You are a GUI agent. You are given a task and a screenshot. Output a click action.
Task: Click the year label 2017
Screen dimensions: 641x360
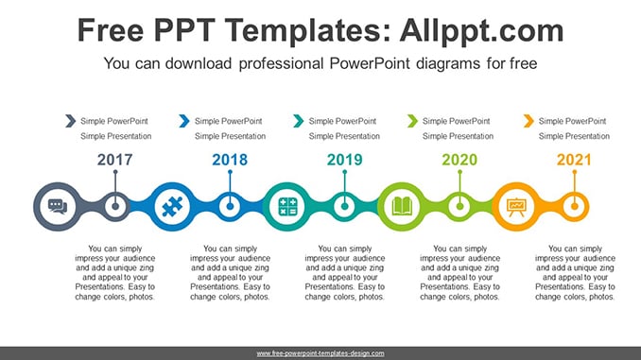click(x=115, y=160)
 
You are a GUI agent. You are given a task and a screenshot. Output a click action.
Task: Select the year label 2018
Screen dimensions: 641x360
click(x=230, y=160)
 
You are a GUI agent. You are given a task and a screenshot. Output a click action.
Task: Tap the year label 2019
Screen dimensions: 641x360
click(x=345, y=160)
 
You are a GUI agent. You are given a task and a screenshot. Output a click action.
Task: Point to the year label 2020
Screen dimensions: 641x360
click(x=459, y=160)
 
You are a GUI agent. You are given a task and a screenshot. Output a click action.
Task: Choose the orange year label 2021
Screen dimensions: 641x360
click(x=574, y=160)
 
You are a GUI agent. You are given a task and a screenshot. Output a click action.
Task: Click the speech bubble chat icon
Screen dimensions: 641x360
click(x=58, y=206)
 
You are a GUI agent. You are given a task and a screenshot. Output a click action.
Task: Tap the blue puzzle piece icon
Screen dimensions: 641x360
click(x=172, y=206)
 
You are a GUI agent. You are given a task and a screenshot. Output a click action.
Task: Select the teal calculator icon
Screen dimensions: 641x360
click(x=287, y=206)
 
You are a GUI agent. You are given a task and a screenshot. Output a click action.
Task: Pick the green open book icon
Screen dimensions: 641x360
click(x=402, y=206)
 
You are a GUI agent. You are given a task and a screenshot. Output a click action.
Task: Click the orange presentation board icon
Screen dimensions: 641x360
click(x=516, y=207)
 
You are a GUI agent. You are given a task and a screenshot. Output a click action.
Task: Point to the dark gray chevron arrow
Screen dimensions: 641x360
click(x=70, y=121)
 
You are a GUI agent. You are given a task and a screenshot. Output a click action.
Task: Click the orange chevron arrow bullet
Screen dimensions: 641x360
click(x=528, y=121)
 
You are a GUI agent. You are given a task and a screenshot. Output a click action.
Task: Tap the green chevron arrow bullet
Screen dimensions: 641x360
click(x=412, y=121)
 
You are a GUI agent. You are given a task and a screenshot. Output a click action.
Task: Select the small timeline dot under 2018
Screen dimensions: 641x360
click(x=230, y=206)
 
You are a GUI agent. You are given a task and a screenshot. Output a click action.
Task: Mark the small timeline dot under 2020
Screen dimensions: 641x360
click(x=459, y=206)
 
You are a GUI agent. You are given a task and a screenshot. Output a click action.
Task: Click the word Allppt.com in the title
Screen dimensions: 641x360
click(x=481, y=30)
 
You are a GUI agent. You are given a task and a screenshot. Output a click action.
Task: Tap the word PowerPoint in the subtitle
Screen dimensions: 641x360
click(x=369, y=63)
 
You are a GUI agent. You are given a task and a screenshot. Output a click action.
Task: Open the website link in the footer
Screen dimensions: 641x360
click(x=320, y=353)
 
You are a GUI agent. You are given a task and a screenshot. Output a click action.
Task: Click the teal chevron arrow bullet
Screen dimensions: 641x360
click(x=299, y=121)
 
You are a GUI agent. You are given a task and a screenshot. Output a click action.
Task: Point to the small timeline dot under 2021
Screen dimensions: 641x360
click(x=575, y=206)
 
